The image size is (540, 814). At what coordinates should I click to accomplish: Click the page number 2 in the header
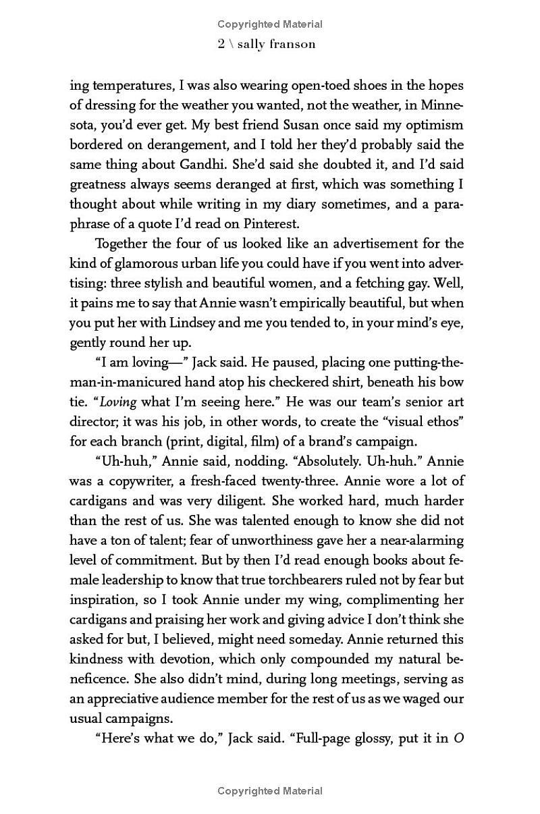[221, 45]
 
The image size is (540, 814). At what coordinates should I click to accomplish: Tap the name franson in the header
[292, 45]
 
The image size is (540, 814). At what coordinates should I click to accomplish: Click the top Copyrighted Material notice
[270, 24]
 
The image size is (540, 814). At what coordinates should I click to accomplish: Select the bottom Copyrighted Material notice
[270, 790]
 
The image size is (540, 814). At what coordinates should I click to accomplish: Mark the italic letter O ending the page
[458, 738]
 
